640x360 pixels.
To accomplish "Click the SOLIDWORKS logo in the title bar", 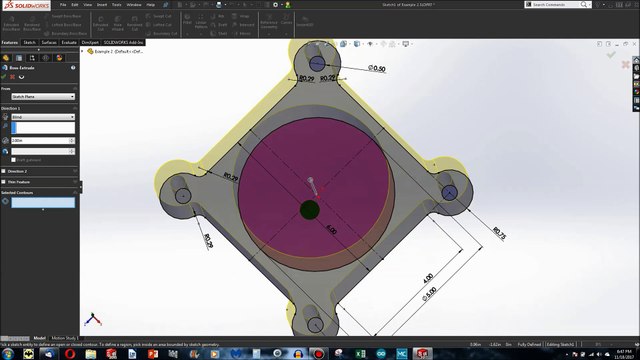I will (x=22, y=5).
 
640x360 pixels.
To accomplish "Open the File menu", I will (x=61, y=5).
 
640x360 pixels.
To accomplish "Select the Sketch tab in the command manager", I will (x=30, y=43).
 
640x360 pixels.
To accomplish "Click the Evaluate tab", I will (x=69, y=43).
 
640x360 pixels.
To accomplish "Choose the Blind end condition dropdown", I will (x=43, y=117).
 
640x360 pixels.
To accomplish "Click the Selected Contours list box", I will (x=42, y=202).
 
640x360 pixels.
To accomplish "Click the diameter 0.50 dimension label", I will (x=377, y=68).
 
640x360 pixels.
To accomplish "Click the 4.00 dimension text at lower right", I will (x=427, y=276).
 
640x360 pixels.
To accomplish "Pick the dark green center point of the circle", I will (x=309, y=209).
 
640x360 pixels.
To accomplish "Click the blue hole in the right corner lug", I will (x=448, y=191).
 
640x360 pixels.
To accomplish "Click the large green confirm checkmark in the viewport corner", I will (x=611, y=55).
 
